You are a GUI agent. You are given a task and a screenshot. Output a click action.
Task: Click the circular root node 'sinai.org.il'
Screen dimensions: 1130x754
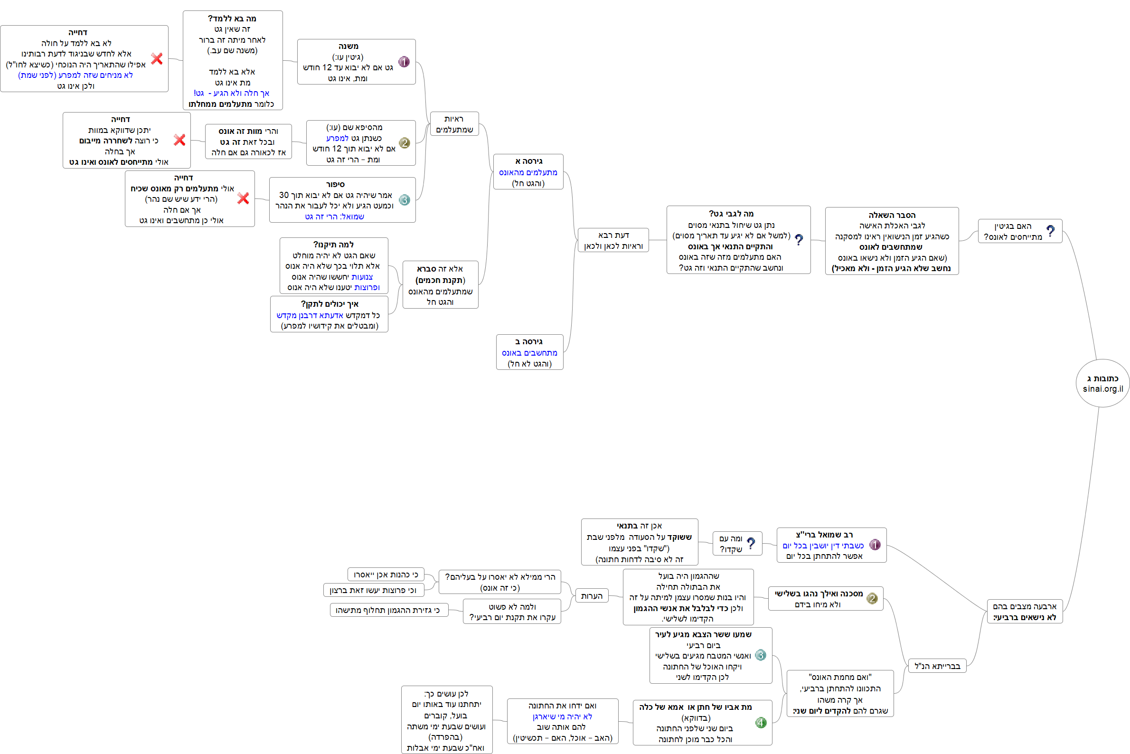click(x=1102, y=383)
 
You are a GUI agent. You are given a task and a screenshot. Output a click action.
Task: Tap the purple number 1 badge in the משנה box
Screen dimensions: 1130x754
click(x=404, y=62)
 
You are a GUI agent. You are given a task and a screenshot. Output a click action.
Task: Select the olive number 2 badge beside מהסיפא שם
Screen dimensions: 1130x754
click(x=405, y=143)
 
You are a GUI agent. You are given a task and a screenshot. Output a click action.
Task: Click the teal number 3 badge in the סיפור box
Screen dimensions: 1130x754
click(x=405, y=199)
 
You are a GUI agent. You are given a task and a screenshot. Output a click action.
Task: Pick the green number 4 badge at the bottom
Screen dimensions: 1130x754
click(x=761, y=723)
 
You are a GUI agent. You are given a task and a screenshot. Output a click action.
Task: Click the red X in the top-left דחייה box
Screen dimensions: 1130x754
click(x=157, y=59)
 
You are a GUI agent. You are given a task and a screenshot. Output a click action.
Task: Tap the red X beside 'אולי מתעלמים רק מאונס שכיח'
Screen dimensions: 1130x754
click(x=243, y=198)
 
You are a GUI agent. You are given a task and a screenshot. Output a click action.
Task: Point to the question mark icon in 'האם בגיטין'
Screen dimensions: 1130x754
click(x=1050, y=231)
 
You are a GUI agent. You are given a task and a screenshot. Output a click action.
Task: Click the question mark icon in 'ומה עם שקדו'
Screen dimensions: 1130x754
click(x=751, y=543)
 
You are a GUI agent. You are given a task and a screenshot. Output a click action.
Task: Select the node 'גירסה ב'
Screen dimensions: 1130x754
click(x=529, y=352)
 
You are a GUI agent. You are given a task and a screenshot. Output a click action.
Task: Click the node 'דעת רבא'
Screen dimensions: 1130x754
click(x=613, y=240)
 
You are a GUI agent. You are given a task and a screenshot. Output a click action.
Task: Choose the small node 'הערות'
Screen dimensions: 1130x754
click(x=592, y=596)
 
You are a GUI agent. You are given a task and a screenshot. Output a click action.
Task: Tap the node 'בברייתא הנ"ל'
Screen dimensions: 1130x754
click(x=937, y=666)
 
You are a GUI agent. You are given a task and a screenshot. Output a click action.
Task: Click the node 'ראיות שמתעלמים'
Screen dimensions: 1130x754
click(x=454, y=124)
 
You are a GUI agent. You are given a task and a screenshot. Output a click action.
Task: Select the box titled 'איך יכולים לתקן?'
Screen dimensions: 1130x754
click(x=330, y=314)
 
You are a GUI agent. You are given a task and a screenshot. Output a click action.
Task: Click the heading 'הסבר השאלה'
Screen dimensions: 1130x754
click(x=892, y=215)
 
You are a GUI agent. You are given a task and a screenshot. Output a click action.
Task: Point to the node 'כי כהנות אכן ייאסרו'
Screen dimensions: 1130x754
click(x=386, y=575)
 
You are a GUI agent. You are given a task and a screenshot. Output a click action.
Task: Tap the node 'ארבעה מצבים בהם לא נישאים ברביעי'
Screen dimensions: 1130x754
click(x=1025, y=612)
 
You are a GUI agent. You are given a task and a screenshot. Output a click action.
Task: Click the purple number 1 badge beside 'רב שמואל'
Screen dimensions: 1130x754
click(x=875, y=545)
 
